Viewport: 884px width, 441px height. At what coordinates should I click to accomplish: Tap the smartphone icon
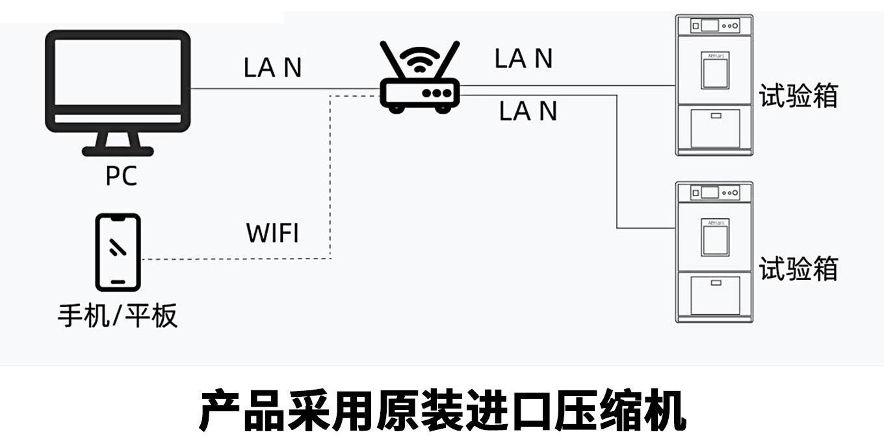[x=118, y=252]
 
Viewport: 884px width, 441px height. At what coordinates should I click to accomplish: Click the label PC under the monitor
[x=122, y=175]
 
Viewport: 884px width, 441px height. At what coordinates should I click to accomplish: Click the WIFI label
[x=273, y=233]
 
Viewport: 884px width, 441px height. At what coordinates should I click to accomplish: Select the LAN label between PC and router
[x=273, y=68]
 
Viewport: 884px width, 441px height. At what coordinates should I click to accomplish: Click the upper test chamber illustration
[x=714, y=85]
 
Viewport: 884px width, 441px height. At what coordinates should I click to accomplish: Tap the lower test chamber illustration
[x=714, y=252]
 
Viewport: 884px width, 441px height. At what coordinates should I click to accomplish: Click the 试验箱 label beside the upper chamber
[x=798, y=96]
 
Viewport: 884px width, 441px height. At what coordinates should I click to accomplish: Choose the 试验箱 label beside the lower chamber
[x=798, y=268]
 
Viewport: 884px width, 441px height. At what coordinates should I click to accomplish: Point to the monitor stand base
[x=118, y=151]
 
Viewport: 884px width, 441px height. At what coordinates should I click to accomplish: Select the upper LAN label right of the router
[x=523, y=58]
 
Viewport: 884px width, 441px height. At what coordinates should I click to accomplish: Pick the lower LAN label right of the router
[x=528, y=111]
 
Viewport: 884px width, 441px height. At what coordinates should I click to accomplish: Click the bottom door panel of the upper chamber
[x=715, y=129]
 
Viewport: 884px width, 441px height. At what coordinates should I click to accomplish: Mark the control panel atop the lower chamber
[x=715, y=193]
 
